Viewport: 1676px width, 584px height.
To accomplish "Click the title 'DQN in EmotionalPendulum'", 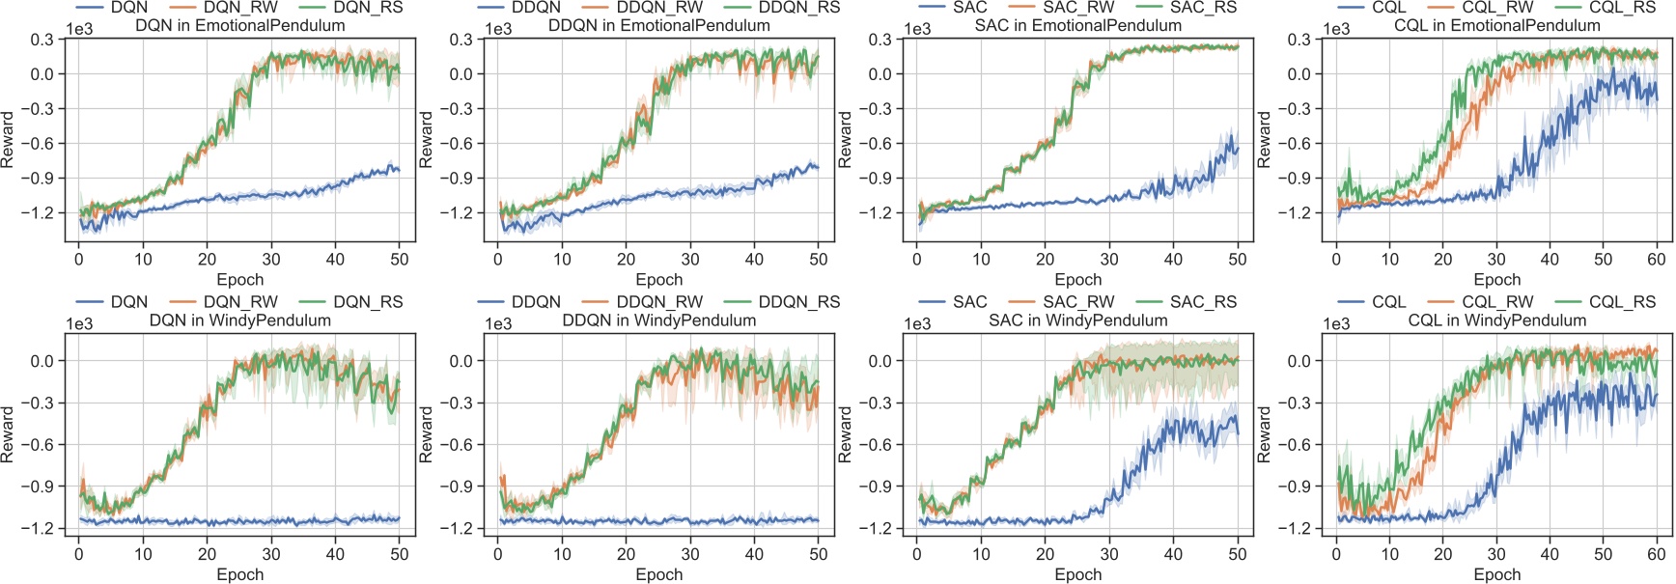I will [239, 26].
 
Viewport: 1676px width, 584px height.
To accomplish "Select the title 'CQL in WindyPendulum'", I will [1496, 320].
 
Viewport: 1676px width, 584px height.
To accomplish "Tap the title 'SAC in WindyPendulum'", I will [1077, 320].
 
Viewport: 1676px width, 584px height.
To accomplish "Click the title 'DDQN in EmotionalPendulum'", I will [658, 26].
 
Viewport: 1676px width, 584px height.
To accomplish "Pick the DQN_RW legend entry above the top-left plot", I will [240, 8].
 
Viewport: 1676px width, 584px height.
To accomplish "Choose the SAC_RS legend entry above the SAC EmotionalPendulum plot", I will [1203, 8].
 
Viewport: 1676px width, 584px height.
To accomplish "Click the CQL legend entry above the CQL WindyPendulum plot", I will [1389, 302].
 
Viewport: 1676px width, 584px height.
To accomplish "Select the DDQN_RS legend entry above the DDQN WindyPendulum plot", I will [798, 302].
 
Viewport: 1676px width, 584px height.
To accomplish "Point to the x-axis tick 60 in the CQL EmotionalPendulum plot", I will [1657, 259].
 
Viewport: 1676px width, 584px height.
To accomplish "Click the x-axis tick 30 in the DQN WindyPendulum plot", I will [271, 554].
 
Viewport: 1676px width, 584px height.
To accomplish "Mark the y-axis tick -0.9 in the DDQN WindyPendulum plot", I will [460, 487].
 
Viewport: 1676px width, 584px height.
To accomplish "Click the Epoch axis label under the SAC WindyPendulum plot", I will [1077, 574].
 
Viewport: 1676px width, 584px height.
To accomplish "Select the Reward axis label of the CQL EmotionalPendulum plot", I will [1265, 139].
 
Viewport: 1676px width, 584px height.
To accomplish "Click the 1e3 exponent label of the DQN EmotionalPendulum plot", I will [79, 29].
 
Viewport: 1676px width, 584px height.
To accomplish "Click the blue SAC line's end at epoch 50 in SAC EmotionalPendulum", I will [1237, 150].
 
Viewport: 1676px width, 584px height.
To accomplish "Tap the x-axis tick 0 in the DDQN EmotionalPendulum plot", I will [498, 259].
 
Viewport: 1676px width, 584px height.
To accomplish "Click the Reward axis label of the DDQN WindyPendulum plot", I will [427, 433].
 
